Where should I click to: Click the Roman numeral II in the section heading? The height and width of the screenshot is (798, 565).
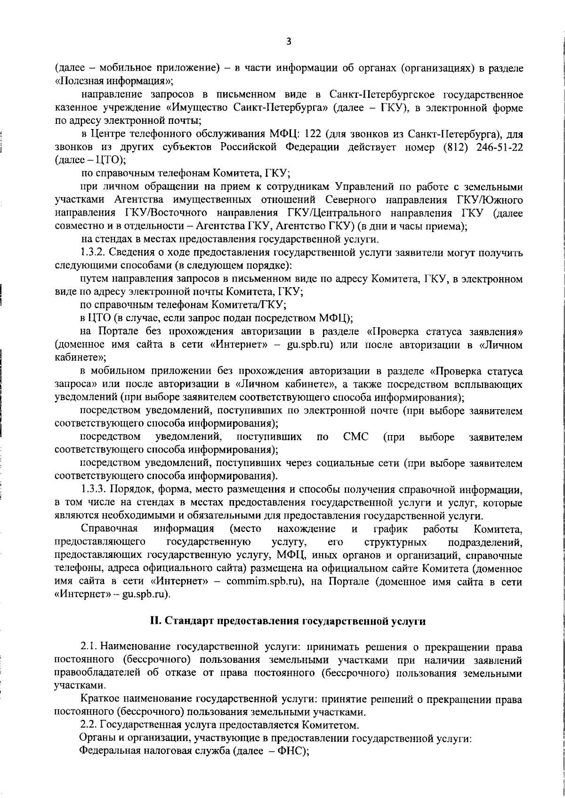(154, 621)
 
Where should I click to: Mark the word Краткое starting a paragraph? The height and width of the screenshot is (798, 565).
(99, 699)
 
